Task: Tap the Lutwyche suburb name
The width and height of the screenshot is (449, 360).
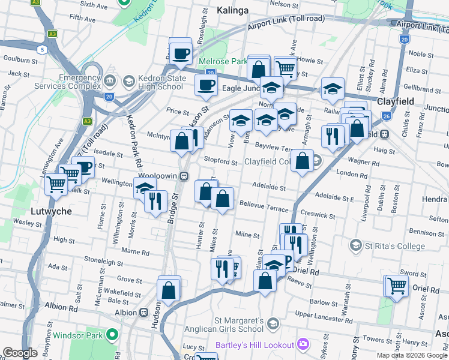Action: click(52, 211)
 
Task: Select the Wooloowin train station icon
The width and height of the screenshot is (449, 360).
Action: click(185, 175)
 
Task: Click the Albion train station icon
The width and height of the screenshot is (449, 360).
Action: click(144, 313)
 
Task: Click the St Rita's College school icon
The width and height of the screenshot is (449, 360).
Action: click(356, 245)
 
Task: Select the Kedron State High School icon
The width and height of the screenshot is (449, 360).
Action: click(128, 81)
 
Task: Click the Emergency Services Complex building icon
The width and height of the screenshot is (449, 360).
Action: click(109, 81)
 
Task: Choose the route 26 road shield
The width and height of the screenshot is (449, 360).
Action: click(387, 115)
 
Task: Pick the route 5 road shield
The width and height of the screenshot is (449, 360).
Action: click(42, 49)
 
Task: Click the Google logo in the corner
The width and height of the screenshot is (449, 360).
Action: click(20, 353)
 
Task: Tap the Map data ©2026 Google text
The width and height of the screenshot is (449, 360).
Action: click(412, 355)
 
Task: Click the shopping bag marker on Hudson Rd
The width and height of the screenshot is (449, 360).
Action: click(169, 289)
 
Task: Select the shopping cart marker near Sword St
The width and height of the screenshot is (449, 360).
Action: click(396, 286)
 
